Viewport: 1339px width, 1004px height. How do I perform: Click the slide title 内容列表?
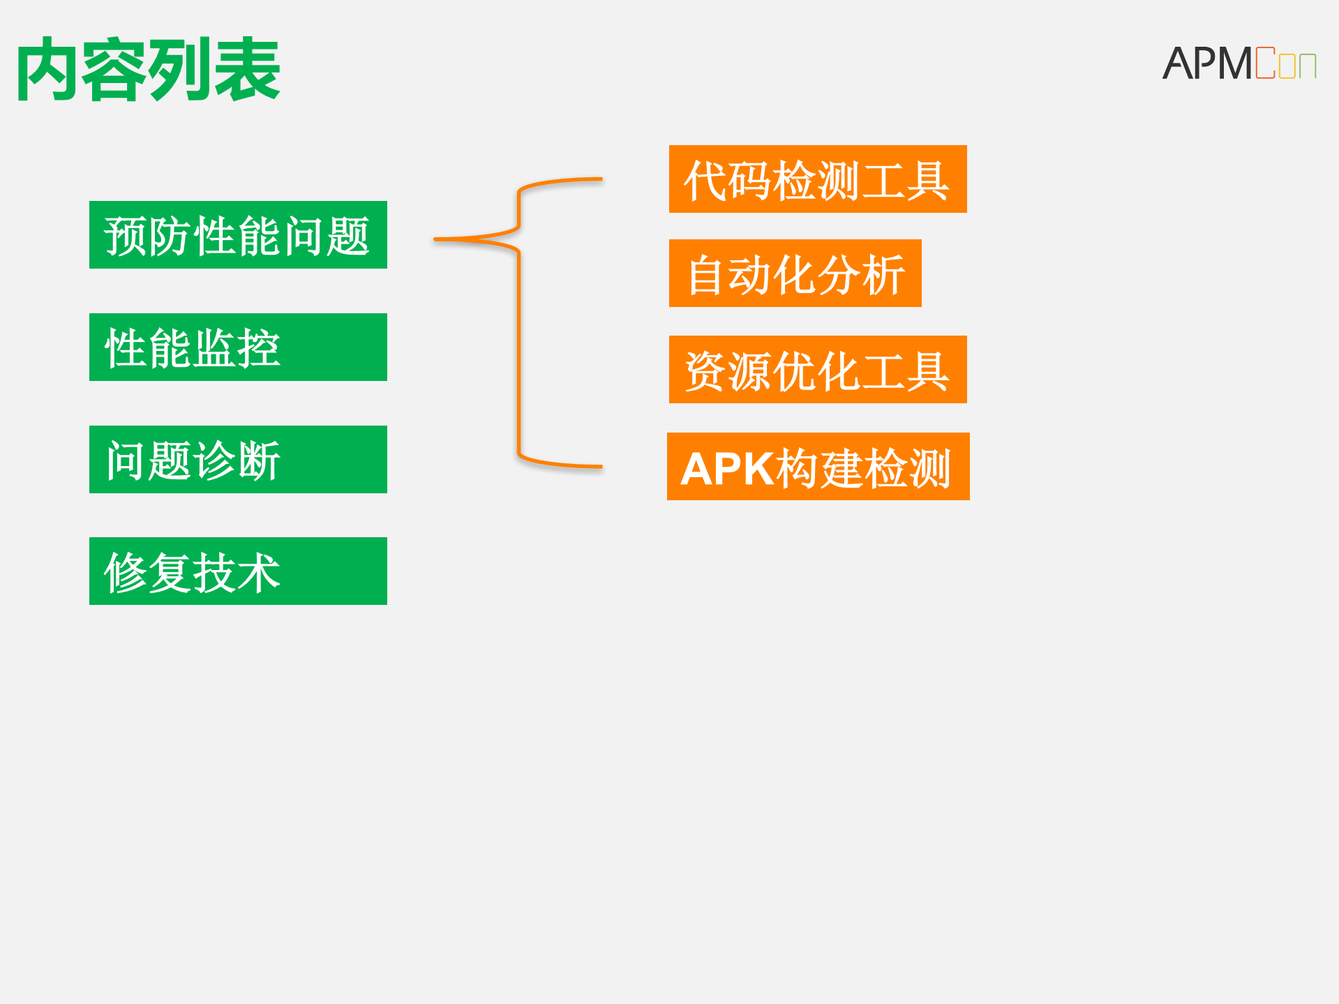(148, 70)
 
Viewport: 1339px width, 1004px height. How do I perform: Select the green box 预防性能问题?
(238, 235)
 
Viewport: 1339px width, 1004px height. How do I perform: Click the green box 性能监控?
(238, 347)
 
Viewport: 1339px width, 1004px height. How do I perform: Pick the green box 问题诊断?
(238, 460)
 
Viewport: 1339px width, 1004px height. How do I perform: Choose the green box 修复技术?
(238, 571)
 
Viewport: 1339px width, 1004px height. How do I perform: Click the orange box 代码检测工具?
(818, 179)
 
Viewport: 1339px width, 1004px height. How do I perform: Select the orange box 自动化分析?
(795, 274)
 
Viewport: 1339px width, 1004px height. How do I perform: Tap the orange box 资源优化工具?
(818, 370)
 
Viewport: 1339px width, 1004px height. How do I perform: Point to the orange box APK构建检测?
(818, 467)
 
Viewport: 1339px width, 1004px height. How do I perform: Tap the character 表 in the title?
(247, 70)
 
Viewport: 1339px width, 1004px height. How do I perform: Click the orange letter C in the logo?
(1265, 63)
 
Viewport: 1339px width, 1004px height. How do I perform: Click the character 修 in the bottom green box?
(125, 573)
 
